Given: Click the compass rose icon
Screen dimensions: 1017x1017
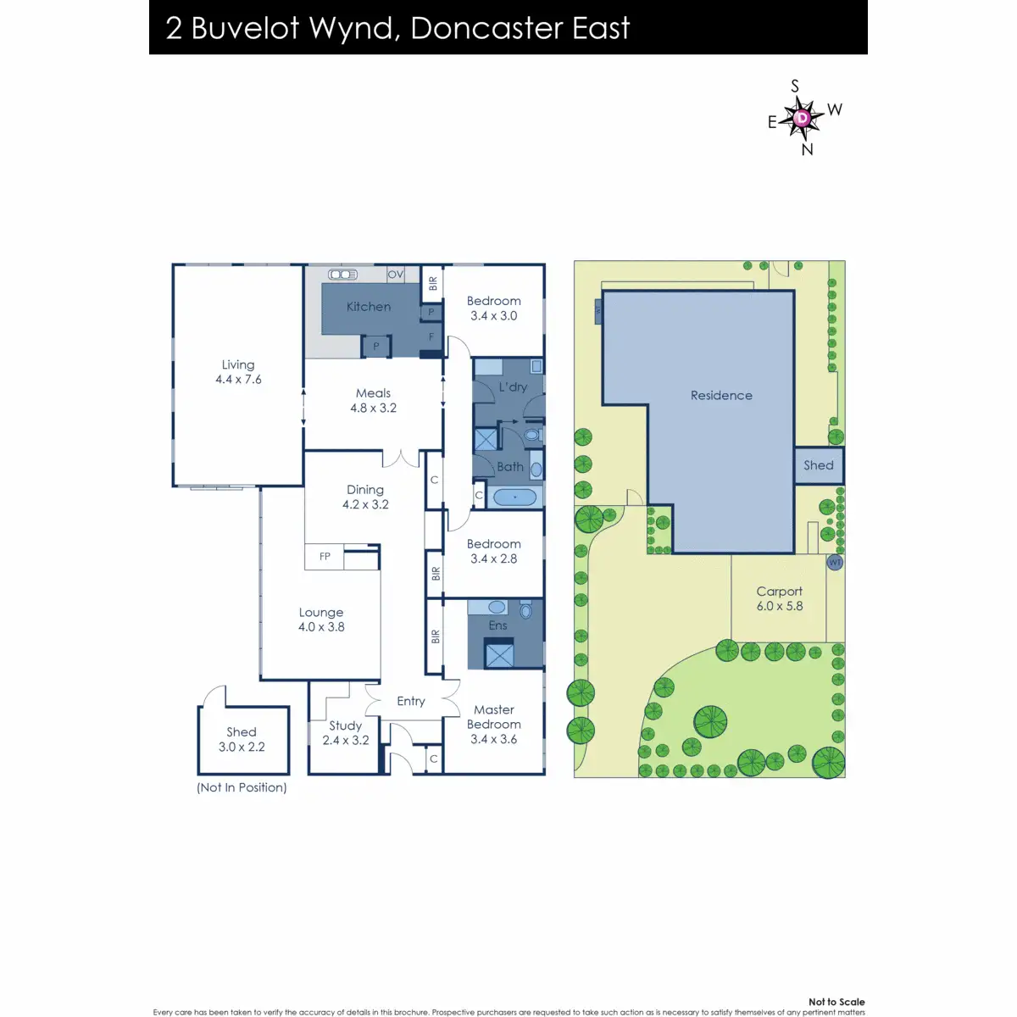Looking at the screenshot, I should (x=801, y=118).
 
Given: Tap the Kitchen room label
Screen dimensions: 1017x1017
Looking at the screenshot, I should (x=369, y=307).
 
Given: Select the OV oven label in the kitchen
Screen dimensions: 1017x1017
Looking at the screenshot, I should (x=395, y=275).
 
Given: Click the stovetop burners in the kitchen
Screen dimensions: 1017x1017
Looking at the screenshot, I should (x=343, y=275).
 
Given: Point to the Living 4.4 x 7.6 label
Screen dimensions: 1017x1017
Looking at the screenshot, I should (x=238, y=372).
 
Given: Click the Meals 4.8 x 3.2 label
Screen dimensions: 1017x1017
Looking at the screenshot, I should (x=373, y=400).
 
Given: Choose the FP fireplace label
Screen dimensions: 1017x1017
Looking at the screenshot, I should (x=325, y=557).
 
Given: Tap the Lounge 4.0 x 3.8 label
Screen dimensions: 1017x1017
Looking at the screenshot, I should (x=321, y=620).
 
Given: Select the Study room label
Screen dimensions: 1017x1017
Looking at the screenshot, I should (x=346, y=725).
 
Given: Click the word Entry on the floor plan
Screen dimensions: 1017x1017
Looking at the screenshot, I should (x=411, y=701).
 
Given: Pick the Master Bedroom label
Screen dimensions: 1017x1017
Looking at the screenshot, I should (x=494, y=717).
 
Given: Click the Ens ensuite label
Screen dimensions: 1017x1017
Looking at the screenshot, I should (x=497, y=625).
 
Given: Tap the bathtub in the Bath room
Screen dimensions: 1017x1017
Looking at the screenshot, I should (x=514, y=497).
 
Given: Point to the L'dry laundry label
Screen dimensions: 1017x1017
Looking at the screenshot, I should (x=513, y=386).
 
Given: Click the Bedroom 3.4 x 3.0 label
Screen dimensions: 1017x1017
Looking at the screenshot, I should (x=494, y=308).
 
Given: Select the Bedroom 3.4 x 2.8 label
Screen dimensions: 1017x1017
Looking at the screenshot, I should (x=494, y=551).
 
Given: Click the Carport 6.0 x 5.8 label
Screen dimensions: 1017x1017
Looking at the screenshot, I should (x=780, y=598).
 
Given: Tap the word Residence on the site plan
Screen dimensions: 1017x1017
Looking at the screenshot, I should (x=721, y=395).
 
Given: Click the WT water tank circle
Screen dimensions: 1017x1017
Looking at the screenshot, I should (x=835, y=563).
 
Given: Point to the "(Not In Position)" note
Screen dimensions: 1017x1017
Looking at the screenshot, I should (x=242, y=787).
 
